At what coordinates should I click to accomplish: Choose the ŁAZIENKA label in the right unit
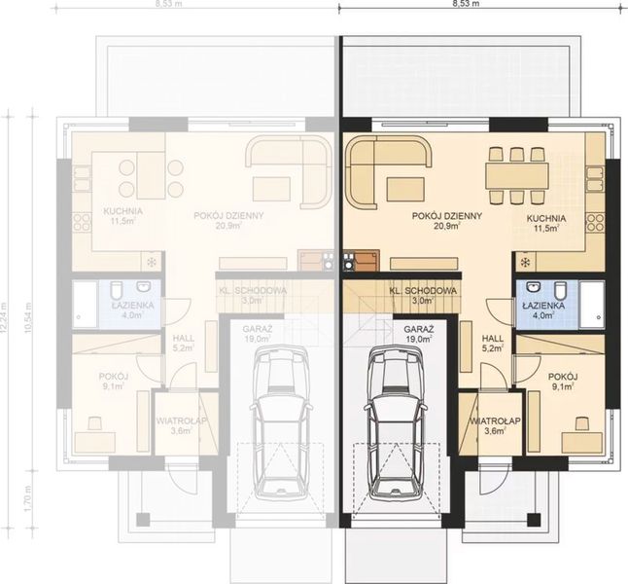(539, 310)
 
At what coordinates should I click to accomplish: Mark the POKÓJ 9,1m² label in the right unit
(562, 381)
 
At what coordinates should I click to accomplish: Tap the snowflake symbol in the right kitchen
(525, 263)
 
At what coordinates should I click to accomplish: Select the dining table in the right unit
(518, 175)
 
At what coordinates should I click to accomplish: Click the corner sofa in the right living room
(381, 164)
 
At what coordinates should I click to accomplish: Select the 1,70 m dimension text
(29, 497)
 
